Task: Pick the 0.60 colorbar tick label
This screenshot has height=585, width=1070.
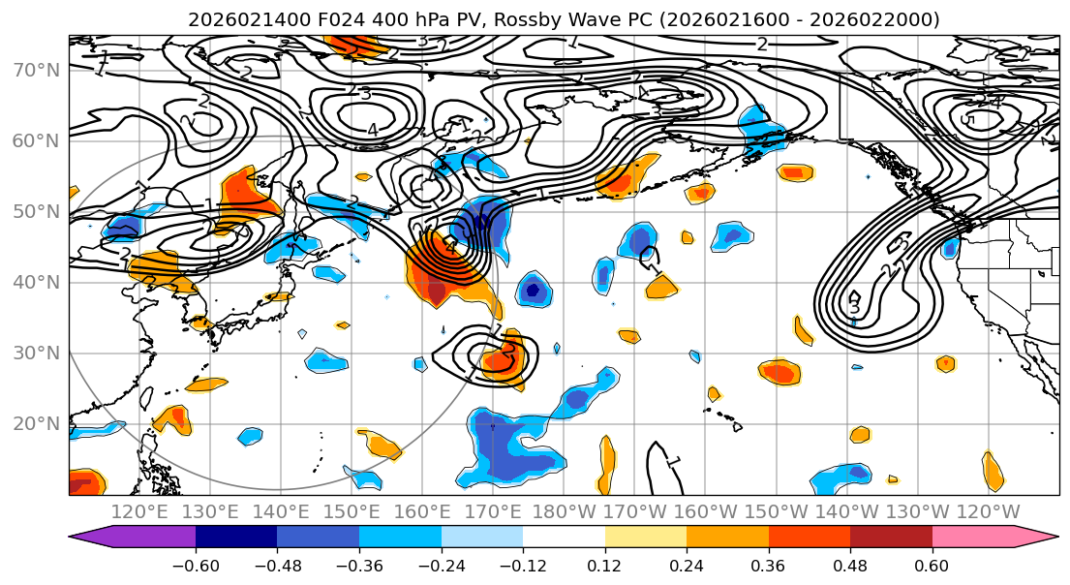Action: (x=932, y=566)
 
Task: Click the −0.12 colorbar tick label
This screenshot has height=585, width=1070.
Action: (x=522, y=566)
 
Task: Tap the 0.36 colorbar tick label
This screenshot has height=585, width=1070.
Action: (x=768, y=566)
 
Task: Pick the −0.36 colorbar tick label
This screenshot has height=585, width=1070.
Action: (x=358, y=566)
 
